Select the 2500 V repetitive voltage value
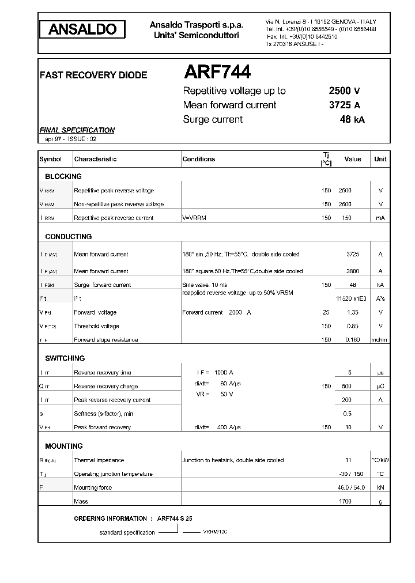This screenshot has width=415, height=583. (x=345, y=91)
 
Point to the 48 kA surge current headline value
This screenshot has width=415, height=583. (x=352, y=120)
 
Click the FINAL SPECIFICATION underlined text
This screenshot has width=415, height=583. (x=77, y=130)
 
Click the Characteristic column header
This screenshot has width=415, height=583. (x=95, y=159)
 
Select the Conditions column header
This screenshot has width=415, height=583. (x=198, y=159)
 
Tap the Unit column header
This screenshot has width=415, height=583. (x=380, y=159)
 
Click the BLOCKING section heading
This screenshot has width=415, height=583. (x=63, y=176)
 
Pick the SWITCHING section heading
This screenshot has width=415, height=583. (x=65, y=358)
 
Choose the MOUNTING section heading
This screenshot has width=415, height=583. (x=64, y=446)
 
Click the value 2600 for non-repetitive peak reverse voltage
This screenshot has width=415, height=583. (x=345, y=205)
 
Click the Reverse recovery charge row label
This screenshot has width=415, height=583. (x=105, y=387)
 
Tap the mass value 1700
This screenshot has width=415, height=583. (x=345, y=501)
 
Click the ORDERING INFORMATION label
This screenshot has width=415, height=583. (x=111, y=518)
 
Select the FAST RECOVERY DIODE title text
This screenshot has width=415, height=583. (x=93, y=75)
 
